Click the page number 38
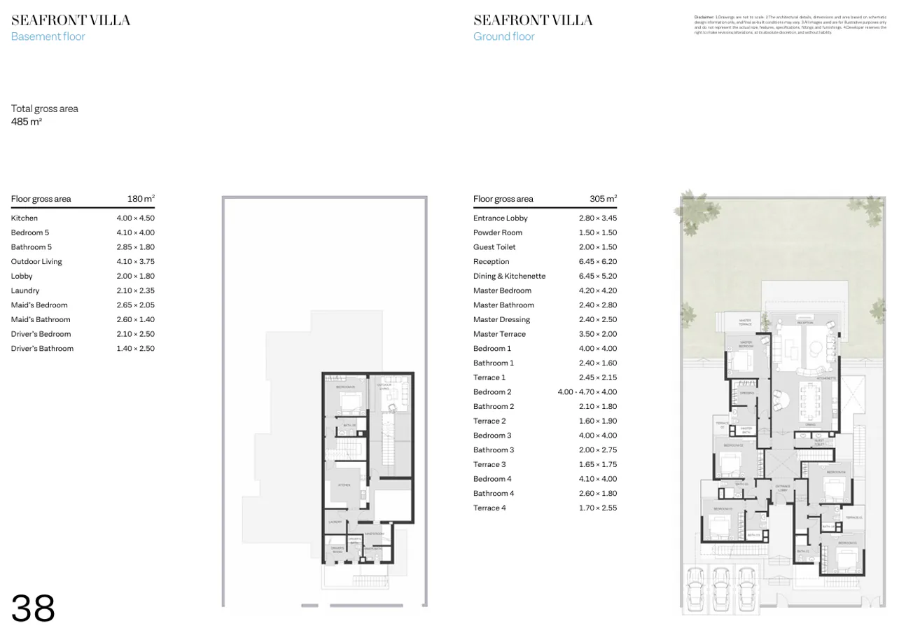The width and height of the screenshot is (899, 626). click(x=33, y=607)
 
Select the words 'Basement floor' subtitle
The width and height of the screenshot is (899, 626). click(x=48, y=36)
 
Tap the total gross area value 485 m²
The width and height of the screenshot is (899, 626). click(x=27, y=122)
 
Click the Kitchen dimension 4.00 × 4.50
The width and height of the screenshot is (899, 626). click(x=135, y=218)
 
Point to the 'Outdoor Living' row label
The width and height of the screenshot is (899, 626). click(x=36, y=262)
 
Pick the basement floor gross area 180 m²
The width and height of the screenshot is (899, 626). click(x=141, y=199)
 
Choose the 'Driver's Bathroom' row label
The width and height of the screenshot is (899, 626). click(x=42, y=349)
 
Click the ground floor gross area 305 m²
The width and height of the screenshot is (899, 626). click(x=603, y=199)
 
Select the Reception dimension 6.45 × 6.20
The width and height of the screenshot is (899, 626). click(x=597, y=262)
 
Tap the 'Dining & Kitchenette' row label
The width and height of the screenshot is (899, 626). click(x=509, y=277)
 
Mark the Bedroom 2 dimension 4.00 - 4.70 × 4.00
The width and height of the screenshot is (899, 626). click(x=587, y=392)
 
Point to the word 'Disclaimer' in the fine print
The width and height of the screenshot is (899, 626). click(x=703, y=16)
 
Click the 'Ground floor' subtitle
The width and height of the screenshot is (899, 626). click(x=503, y=36)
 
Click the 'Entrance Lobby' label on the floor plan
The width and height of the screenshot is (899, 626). click(x=782, y=488)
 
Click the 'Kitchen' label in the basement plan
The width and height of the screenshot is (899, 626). click(x=344, y=485)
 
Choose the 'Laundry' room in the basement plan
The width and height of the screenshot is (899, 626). click(x=335, y=522)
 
